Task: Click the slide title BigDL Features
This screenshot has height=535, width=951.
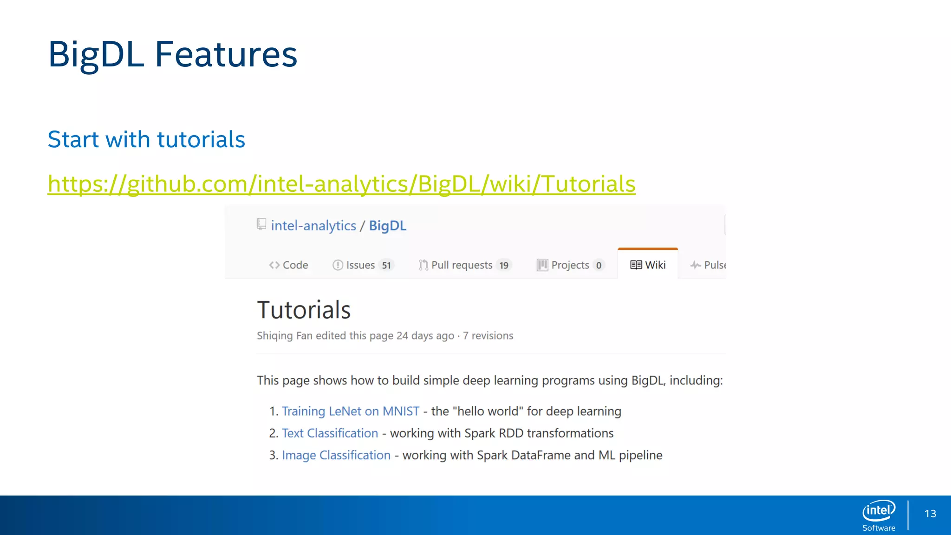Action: [172, 55]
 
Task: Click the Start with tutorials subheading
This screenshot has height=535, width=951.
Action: [146, 139]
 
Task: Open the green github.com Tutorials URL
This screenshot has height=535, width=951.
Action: [341, 184]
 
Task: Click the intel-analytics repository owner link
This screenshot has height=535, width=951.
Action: [313, 226]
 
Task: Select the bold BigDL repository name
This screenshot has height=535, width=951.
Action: [387, 226]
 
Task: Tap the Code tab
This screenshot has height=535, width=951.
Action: [288, 265]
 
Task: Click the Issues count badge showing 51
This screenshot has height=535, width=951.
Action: [386, 265]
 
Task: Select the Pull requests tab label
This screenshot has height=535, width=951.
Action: [461, 265]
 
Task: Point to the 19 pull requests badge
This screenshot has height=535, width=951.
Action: [504, 265]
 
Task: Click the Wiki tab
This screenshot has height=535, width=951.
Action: [648, 265]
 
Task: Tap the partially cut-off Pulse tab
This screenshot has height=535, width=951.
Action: [709, 265]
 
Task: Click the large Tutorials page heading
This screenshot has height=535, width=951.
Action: [304, 310]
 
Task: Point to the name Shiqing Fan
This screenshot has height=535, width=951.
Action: [284, 336]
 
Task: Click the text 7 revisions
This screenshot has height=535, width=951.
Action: [488, 336]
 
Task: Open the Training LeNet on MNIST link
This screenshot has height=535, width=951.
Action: [350, 411]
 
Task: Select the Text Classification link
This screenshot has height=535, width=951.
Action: [330, 433]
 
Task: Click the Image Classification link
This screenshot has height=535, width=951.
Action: [336, 455]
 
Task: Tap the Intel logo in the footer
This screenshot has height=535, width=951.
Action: [879, 511]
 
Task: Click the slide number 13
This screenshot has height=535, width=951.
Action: [930, 514]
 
